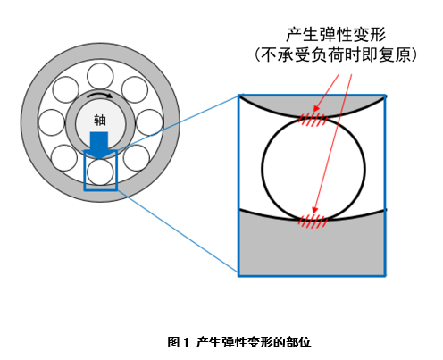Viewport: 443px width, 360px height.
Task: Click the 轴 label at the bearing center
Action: click(99, 120)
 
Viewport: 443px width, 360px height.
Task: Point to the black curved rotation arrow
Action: click(99, 96)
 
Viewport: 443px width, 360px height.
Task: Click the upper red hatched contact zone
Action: click(313, 116)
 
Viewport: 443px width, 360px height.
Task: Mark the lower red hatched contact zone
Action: click(313, 218)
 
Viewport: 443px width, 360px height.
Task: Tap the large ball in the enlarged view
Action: click(313, 167)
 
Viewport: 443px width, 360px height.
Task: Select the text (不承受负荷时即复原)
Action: click(336, 55)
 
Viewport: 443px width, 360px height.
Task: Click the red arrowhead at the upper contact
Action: click(308, 111)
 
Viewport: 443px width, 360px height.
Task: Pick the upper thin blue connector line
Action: click(179, 121)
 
